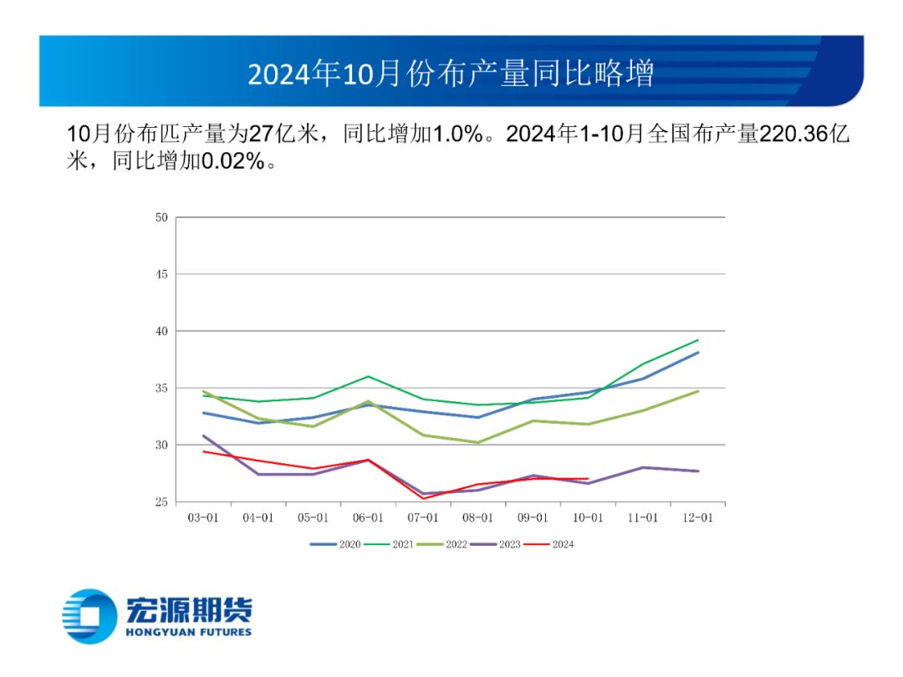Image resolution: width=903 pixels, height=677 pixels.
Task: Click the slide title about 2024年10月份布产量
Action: pos(451,74)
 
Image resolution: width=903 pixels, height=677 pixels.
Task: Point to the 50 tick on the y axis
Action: pos(161,218)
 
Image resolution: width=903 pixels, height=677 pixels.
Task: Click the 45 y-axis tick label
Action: pos(161,275)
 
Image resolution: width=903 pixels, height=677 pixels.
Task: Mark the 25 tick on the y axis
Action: pos(161,502)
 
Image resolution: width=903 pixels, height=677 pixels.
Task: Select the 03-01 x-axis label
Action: pos(203,518)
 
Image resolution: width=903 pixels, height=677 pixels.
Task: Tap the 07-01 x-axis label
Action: pos(423,518)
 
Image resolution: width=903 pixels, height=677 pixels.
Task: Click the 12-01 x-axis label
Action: pos(697,518)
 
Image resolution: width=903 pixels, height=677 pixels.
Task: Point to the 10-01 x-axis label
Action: pos(588,518)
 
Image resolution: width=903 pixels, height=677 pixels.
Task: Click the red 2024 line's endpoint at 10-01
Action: pos(588,479)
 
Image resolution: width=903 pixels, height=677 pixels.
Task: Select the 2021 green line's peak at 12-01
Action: pos(698,340)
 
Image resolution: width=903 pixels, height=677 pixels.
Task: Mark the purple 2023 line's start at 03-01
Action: pos(203,435)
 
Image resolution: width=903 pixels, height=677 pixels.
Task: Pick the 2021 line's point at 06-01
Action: pos(368,376)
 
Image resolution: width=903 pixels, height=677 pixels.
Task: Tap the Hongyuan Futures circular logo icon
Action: pos(89,617)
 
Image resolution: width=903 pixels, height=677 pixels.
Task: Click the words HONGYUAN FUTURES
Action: pos(188,633)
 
